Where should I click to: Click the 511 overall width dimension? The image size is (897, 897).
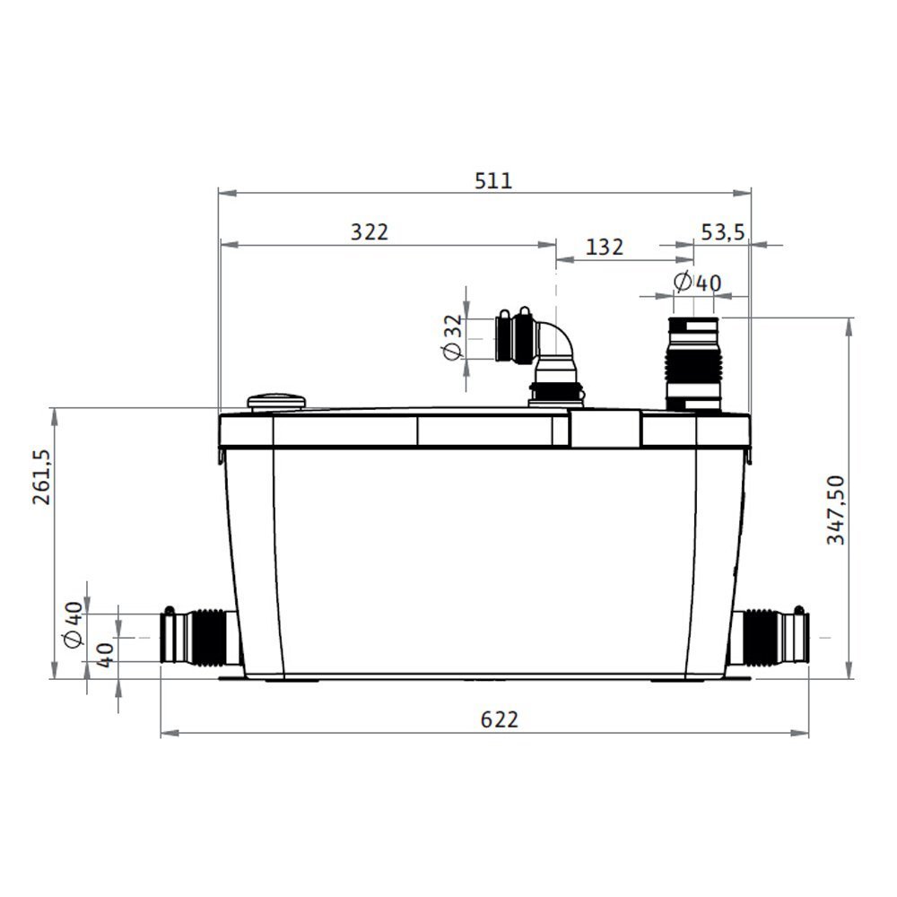tap(492, 180)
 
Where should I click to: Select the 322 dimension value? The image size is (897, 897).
tap(370, 232)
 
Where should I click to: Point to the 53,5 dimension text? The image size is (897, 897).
tap(723, 232)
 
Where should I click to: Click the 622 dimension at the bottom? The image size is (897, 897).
tap(500, 719)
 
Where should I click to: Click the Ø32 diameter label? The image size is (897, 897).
tap(453, 338)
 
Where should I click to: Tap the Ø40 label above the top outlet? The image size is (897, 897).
tap(697, 283)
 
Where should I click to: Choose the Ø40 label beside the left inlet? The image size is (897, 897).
tap(74, 624)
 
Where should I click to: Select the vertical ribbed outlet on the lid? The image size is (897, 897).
tap(692, 363)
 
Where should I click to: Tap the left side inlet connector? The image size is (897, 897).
tap(199, 636)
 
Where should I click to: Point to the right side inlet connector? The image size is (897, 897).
tap(770, 636)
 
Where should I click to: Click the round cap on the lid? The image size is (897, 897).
tap(276, 401)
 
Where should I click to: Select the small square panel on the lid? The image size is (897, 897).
tap(605, 429)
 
